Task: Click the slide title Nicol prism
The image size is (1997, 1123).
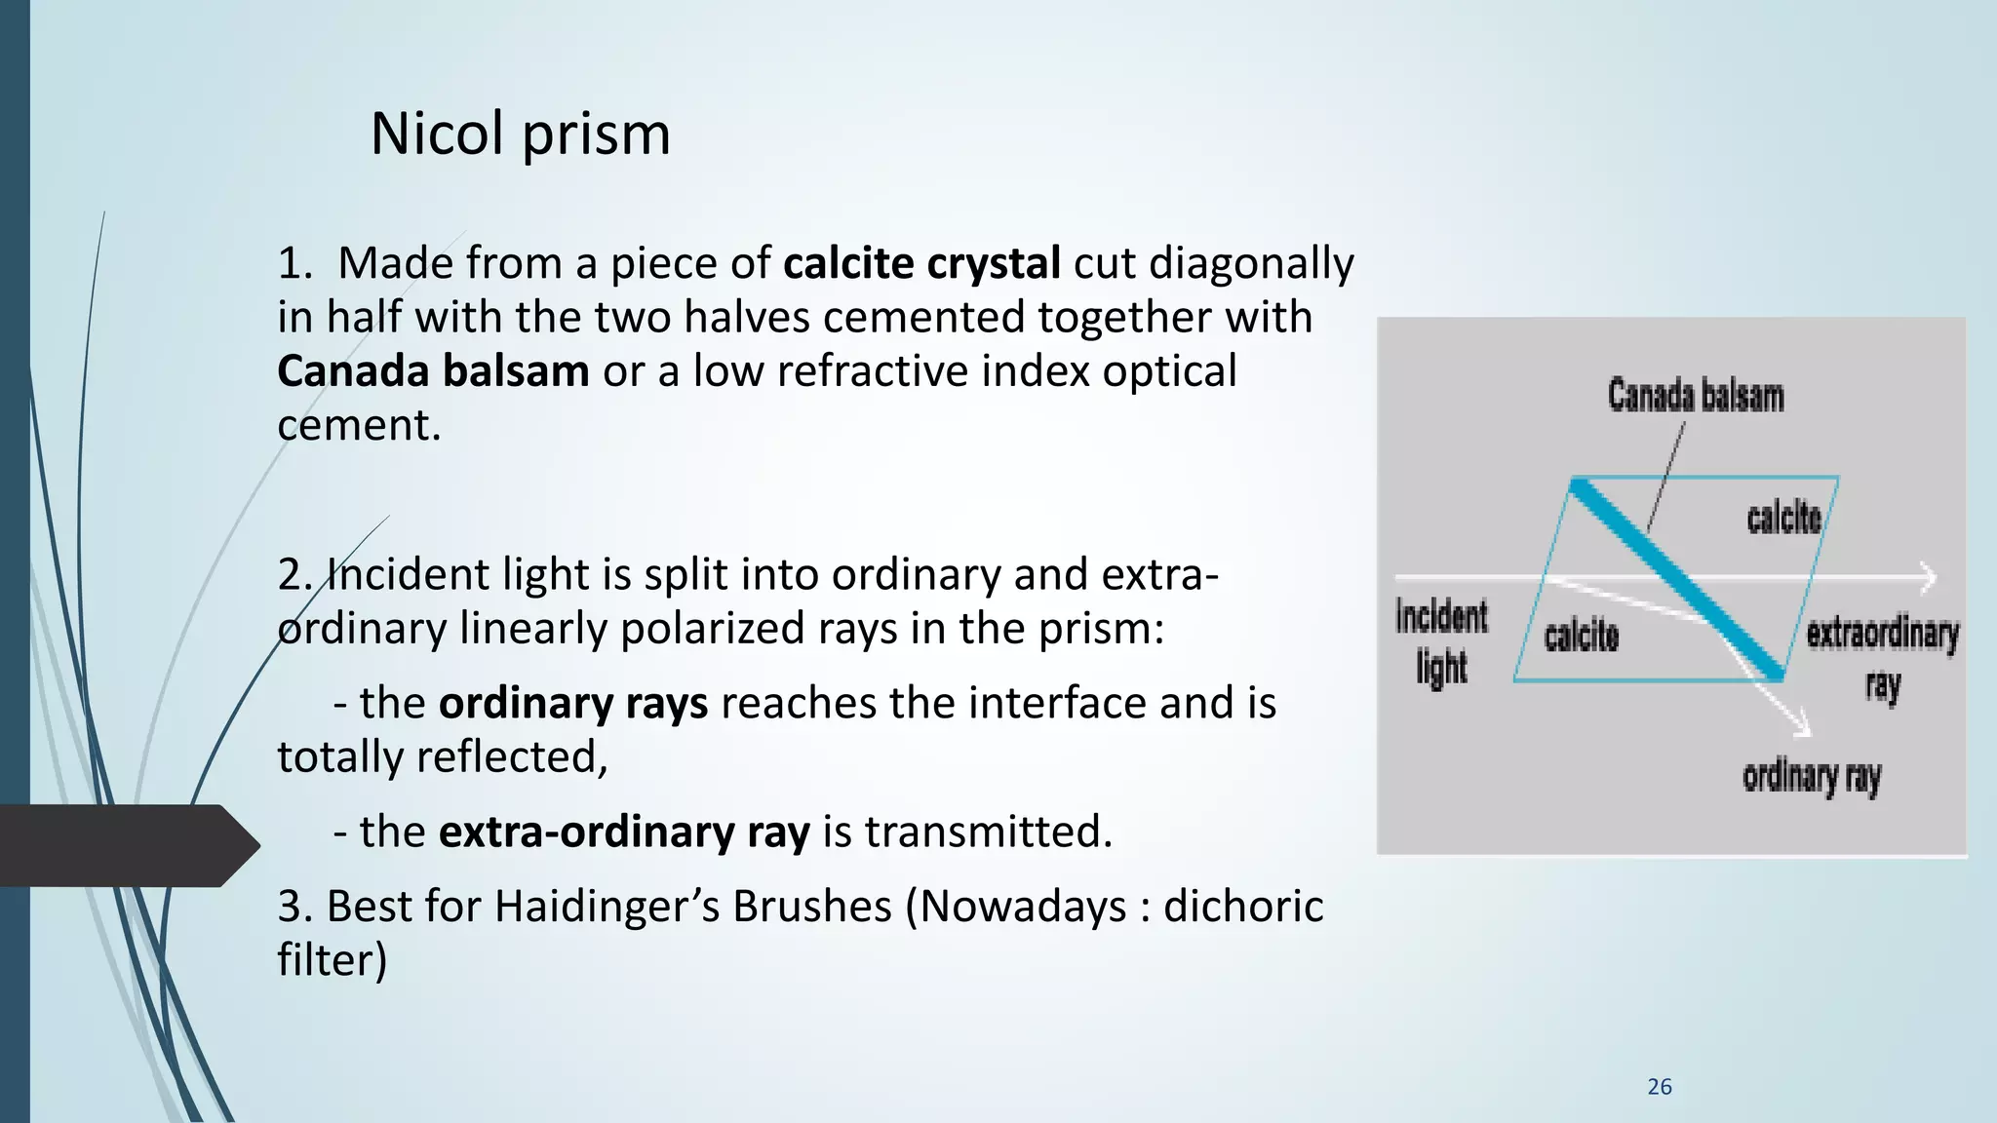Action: coord(520,134)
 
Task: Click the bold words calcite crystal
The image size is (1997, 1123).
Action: coord(920,264)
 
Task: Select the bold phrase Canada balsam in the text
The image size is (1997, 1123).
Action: coord(432,371)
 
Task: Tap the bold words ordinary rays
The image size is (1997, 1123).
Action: coord(572,703)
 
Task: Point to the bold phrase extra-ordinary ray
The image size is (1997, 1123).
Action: coord(623,832)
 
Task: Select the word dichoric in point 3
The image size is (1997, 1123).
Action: coord(1242,906)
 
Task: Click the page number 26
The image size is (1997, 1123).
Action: coord(1659,1087)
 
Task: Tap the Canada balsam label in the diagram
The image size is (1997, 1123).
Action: coord(1695,396)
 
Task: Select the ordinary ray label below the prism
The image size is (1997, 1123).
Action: coord(1811,778)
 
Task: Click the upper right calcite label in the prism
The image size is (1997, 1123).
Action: coord(1783,517)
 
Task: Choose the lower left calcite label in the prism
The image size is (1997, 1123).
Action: coord(1581,637)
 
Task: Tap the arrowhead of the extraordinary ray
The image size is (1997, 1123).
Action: coord(1928,578)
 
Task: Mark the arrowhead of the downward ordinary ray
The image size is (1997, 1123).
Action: coord(1801,726)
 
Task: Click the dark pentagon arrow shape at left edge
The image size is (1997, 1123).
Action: coord(127,845)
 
